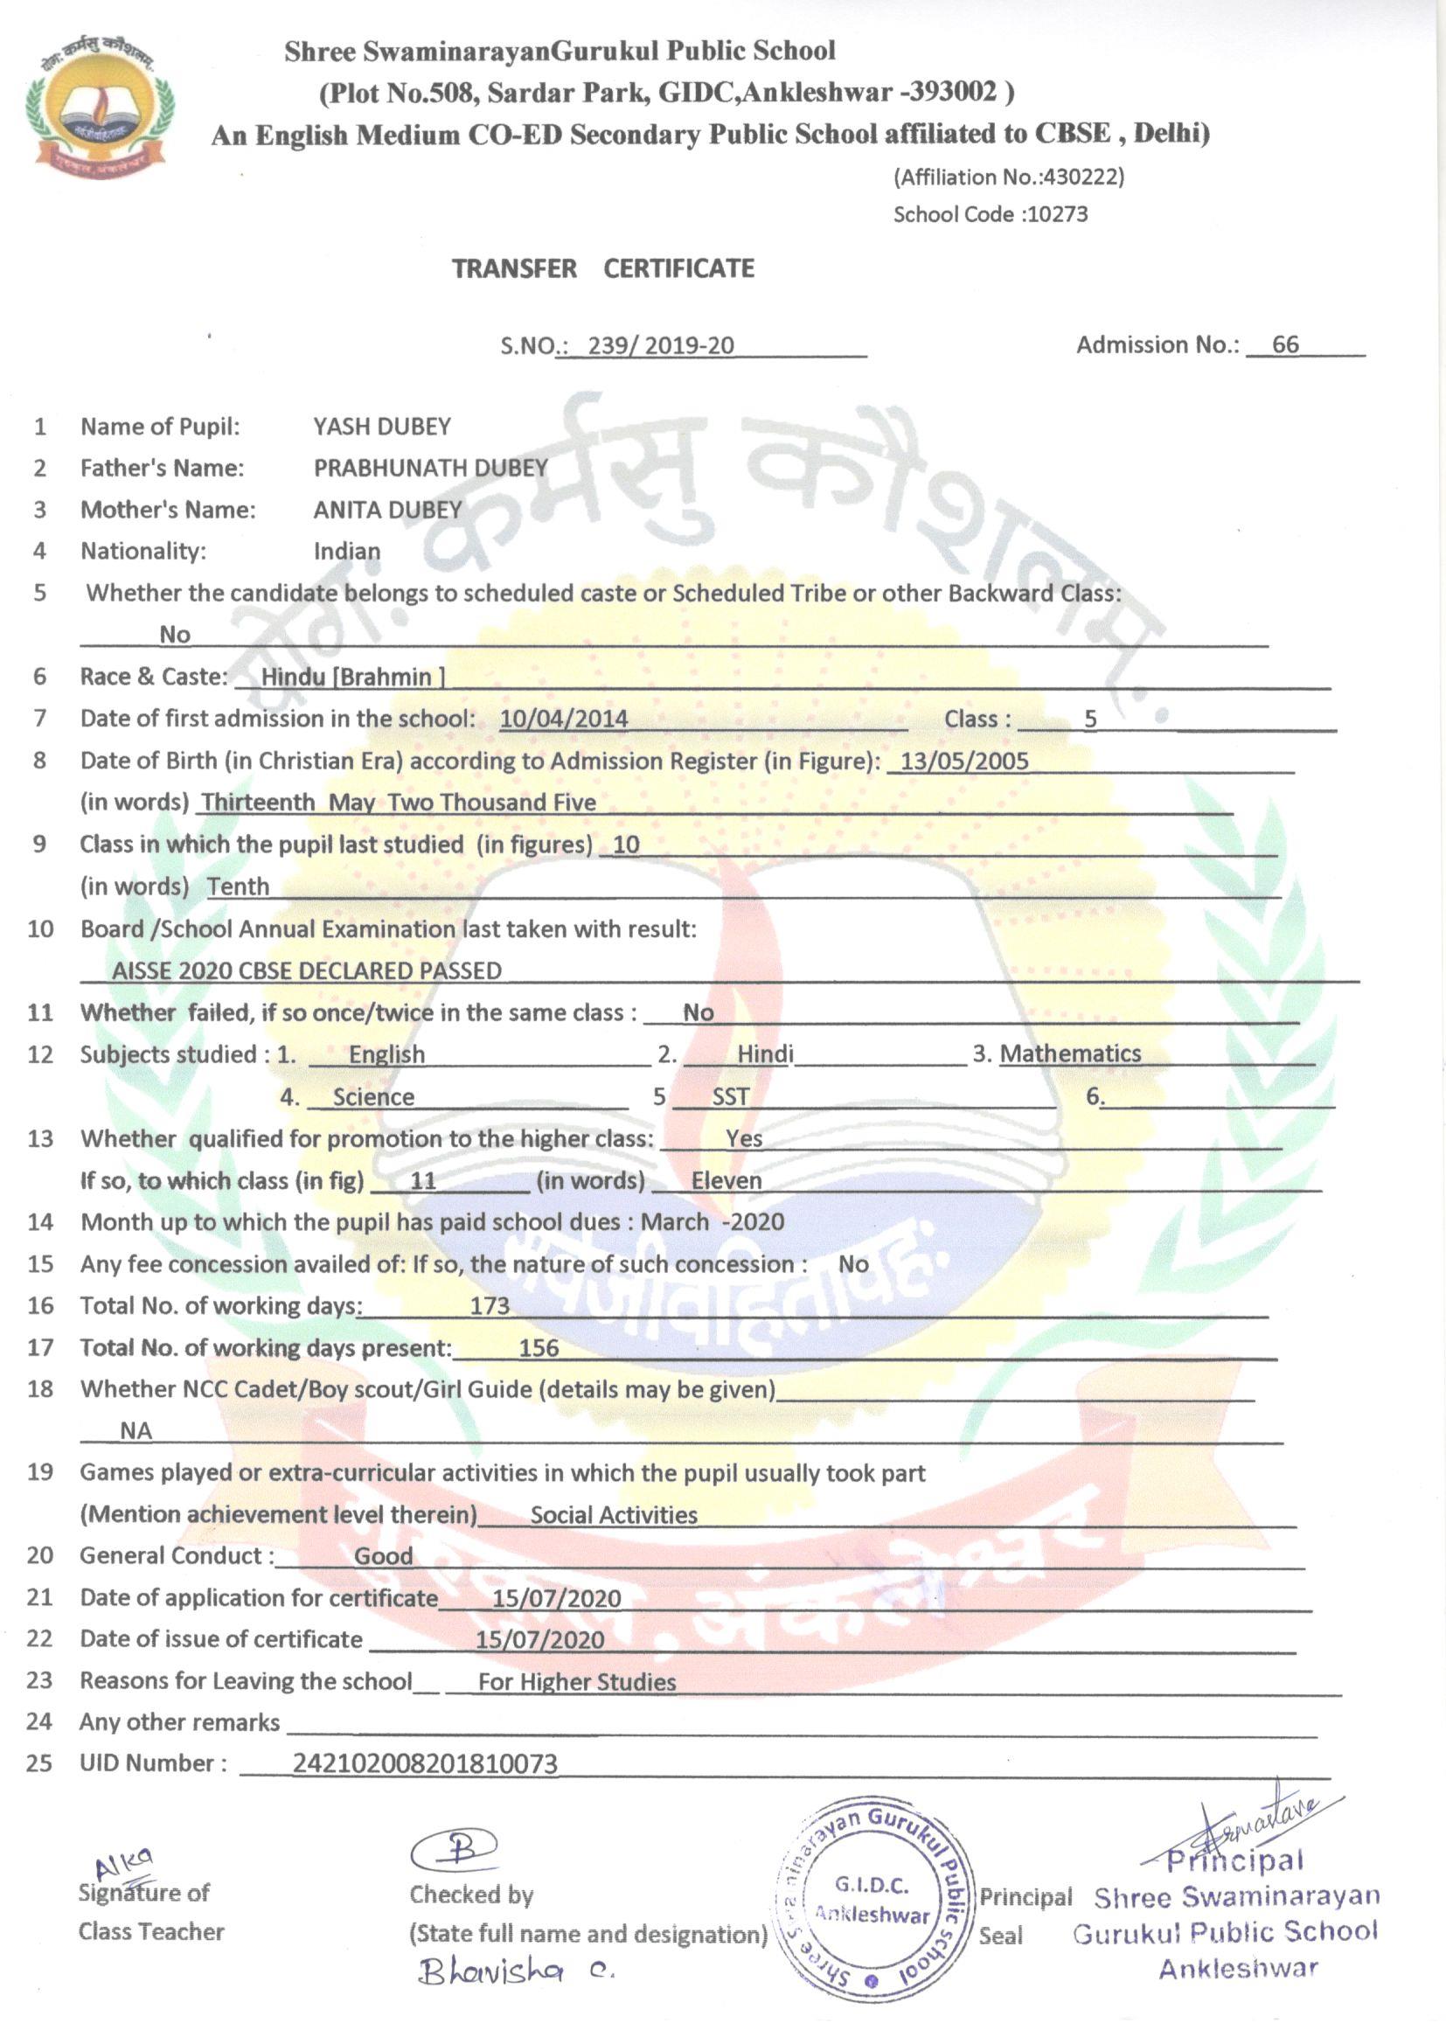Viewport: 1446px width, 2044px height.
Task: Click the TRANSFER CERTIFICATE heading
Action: [603, 268]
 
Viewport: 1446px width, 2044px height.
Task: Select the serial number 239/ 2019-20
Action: [661, 345]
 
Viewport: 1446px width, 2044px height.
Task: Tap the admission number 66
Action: [1285, 344]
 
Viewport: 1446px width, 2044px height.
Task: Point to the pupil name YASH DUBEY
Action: [382, 427]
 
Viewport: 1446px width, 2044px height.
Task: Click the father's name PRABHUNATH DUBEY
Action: [430, 469]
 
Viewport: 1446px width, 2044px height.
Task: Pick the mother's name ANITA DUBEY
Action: [387, 510]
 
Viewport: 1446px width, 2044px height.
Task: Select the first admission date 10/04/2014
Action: [564, 719]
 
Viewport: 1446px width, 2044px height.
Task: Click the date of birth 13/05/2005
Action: [964, 761]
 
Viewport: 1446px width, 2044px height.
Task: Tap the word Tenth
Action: [238, 886]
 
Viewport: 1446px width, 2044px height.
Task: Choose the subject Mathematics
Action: [1070, 1054]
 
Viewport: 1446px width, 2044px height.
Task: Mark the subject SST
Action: [730, 1097]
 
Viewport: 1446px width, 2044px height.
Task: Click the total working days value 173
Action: [490, 1306]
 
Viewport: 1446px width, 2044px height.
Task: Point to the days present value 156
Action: [539, 1348]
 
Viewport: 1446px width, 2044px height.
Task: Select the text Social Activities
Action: [614, 1515]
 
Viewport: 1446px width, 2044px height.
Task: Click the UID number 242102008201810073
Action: [426, 1763]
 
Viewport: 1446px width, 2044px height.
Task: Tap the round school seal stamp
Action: [873, 1909]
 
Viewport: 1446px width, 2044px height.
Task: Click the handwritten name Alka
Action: [126, 1862]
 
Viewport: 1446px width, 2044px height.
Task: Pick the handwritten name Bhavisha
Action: [491, 1973]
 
